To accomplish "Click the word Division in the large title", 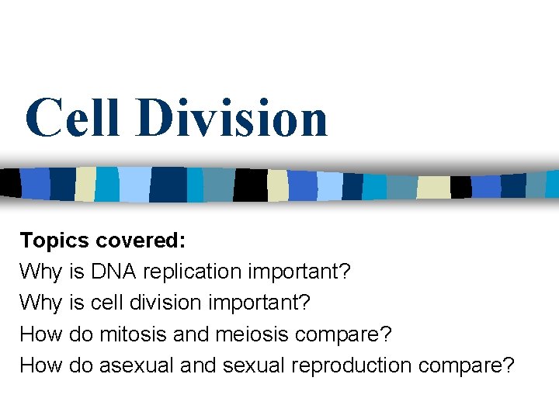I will (x=231, y=118).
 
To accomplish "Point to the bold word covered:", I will (x=141, y=241).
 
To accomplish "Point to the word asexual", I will (x=137, y=365).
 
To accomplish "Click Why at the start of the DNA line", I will (x=41, y=272).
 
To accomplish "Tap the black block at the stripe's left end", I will (x=9, y=183).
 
